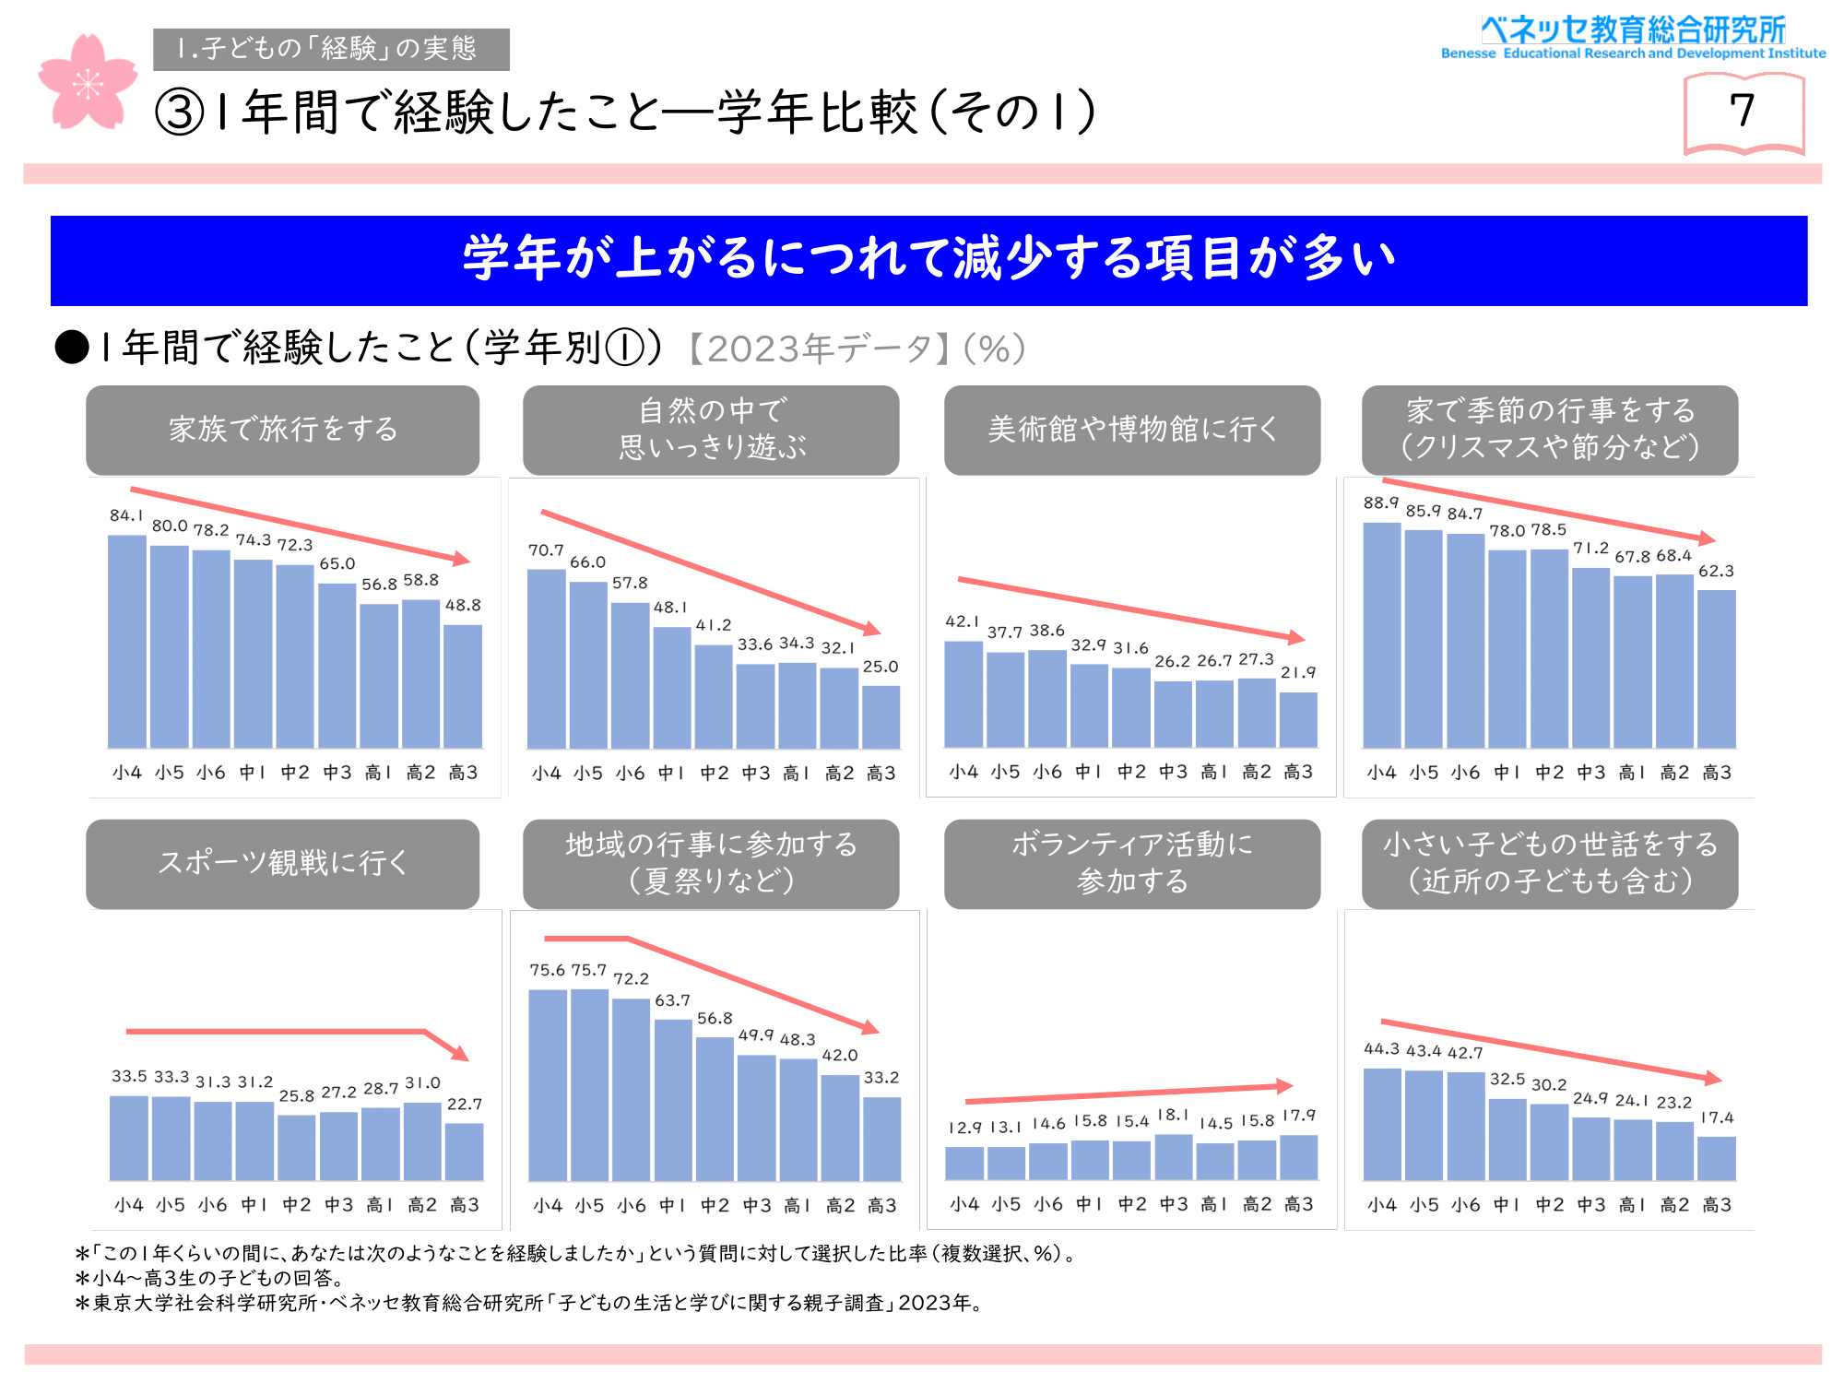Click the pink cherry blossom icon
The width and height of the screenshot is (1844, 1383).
point(87,83)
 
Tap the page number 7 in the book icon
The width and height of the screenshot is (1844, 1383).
point(1742,112)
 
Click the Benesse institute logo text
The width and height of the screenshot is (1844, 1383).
point(1633,38)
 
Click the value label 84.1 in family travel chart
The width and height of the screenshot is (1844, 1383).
point(126,515)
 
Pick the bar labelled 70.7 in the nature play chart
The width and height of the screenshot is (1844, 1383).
point(546,658)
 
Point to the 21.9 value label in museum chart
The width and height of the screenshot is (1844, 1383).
point(1298,672)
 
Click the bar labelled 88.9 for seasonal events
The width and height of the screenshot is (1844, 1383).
point(1381,635)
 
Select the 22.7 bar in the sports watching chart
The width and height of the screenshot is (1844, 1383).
point(464,1152)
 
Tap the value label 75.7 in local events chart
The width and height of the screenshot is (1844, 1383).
point(588,970)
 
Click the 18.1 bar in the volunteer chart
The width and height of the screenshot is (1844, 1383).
point(1173,1157)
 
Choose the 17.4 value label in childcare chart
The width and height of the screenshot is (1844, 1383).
point(1717,1117)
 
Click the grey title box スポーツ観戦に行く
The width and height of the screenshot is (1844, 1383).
point(282,864)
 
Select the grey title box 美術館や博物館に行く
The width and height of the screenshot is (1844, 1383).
point(1131,430)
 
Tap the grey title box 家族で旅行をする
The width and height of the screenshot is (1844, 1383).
point(282,430)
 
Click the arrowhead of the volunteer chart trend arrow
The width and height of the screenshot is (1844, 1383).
point(1285,1085)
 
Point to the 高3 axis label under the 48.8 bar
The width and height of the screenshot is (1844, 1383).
point(463,773)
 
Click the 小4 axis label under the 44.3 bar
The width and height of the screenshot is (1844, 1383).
point(1381,1204)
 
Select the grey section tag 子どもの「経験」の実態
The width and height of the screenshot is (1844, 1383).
point(331,49)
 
